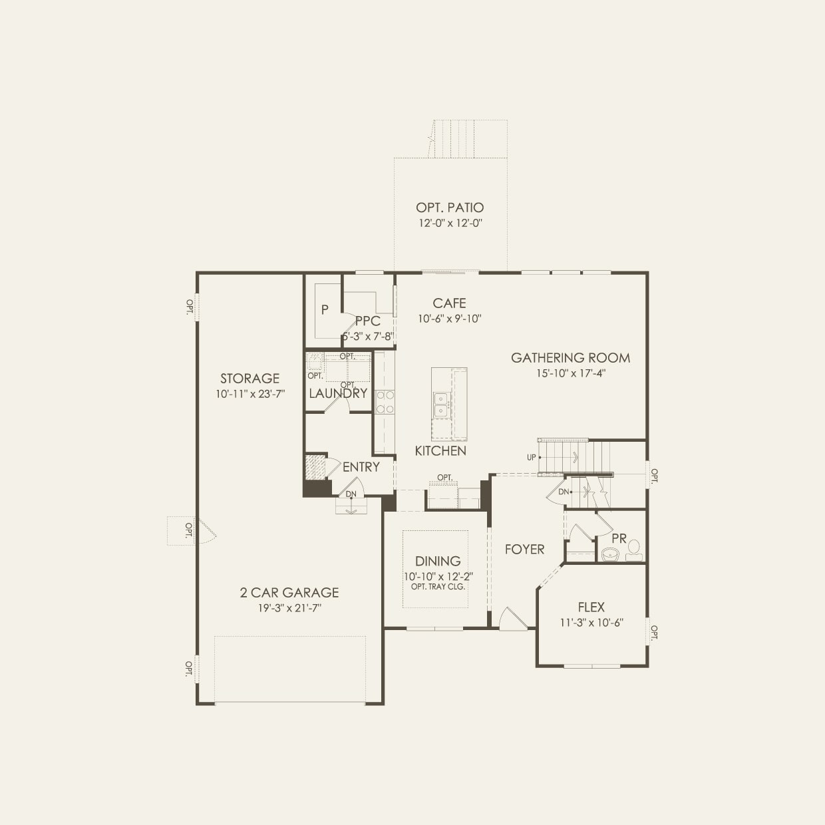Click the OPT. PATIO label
[450, 208]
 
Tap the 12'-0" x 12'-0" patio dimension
[450, 224]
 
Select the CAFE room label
[449, 303]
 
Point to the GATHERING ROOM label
[570, 358]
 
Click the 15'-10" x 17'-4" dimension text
[571, 373]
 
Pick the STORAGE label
[249, 379]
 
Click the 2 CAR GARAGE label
[289, 592]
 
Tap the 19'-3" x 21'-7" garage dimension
[289, 607]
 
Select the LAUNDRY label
[338, 393]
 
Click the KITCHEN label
[440, 451]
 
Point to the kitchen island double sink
[441, 405]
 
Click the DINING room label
[438, 561]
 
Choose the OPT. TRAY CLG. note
[438, 587]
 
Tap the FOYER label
[524, 549]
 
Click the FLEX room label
[591, 607]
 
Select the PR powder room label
[619, 538]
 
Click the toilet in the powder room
[633, 549]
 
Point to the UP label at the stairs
[531, 457]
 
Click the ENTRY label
[361, 467]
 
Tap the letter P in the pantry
[325, 309]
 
